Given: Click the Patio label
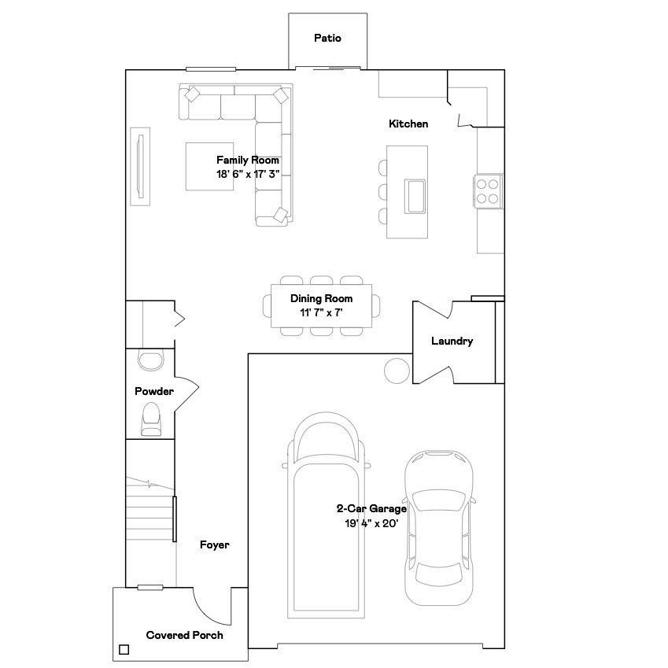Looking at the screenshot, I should click(327, 38).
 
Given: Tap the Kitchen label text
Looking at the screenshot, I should click(408, 124).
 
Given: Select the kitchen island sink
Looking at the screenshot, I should click(415, 195).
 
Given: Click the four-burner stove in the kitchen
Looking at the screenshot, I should click(489, 189).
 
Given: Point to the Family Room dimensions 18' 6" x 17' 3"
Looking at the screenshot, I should click(248, 175).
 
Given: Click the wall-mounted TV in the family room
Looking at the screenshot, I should click(141, 166).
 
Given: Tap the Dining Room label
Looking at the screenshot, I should click(321, 299).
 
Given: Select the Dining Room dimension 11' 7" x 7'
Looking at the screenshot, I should click(321, 312).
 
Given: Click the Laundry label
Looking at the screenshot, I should click(452, 341).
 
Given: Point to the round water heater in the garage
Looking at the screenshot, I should click(396, 368).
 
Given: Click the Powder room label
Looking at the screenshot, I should click(153, 391).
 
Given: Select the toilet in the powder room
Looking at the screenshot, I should click(149, 419).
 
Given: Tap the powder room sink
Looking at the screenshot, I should click(149, 360).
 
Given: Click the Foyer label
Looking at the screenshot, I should click(214, 544).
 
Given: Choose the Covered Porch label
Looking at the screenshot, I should click(184, 635).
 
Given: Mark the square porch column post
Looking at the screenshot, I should click(124, 650).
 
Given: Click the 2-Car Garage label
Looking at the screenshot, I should click(371, 509).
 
